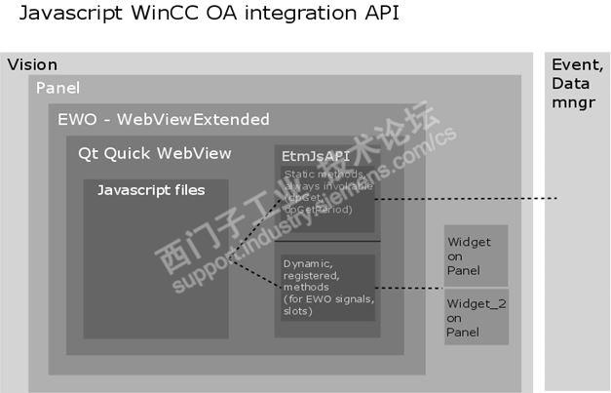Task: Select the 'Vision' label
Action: click(x=32, y=65)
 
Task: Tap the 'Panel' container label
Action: click(x=57, y=89)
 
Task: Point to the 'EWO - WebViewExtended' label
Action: click(x=164, y=120)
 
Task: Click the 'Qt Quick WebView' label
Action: click(x=155, y=153)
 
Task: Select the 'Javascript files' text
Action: click(x=151, y=190)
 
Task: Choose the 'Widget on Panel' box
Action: click(x=476, y=255)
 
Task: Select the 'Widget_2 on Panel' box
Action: click(x=476, y=317)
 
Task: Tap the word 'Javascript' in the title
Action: click(x=67, y=15)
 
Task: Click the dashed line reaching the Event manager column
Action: click(x=468, y=199)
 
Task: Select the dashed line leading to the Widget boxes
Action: click(x=409, y=289)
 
